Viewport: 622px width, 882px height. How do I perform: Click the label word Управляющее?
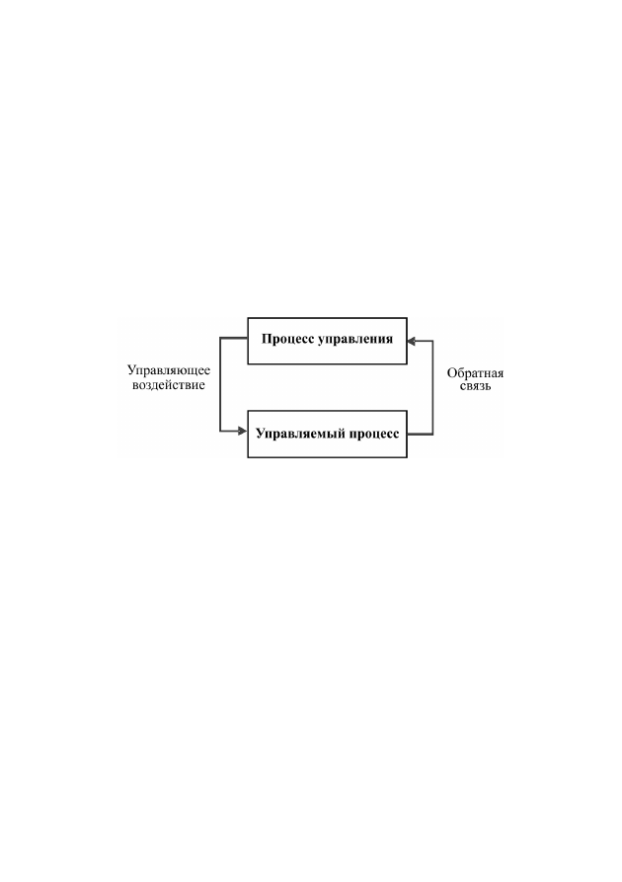tap(169, 371)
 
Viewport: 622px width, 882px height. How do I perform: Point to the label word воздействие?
tap(168, 385)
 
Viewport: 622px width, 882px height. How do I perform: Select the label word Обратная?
tap(475, 373)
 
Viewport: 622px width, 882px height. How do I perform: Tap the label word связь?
tap(475, 386)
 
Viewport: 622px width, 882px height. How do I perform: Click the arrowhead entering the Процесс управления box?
tap(411, 341)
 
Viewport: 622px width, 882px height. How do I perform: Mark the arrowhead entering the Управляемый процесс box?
tap(243, 432)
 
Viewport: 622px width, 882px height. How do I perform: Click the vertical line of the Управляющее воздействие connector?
tap(220, 385)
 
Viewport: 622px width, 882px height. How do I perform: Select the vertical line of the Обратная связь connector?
tap(432, 387)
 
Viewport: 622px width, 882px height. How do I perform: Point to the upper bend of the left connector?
tap(220, 338)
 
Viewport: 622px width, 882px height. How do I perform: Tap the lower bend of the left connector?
tap(220, 432)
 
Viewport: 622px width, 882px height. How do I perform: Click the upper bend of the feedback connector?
tap(432, 341)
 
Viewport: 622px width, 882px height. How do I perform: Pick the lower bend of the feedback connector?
tap(432, 435)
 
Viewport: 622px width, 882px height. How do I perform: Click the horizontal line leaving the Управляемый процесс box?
tap(420, 435)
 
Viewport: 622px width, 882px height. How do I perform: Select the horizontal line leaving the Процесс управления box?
tap(234, 338)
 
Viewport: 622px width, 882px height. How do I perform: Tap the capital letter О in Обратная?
tap(451, 373)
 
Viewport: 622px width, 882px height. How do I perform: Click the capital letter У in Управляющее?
tap(131, 370)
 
